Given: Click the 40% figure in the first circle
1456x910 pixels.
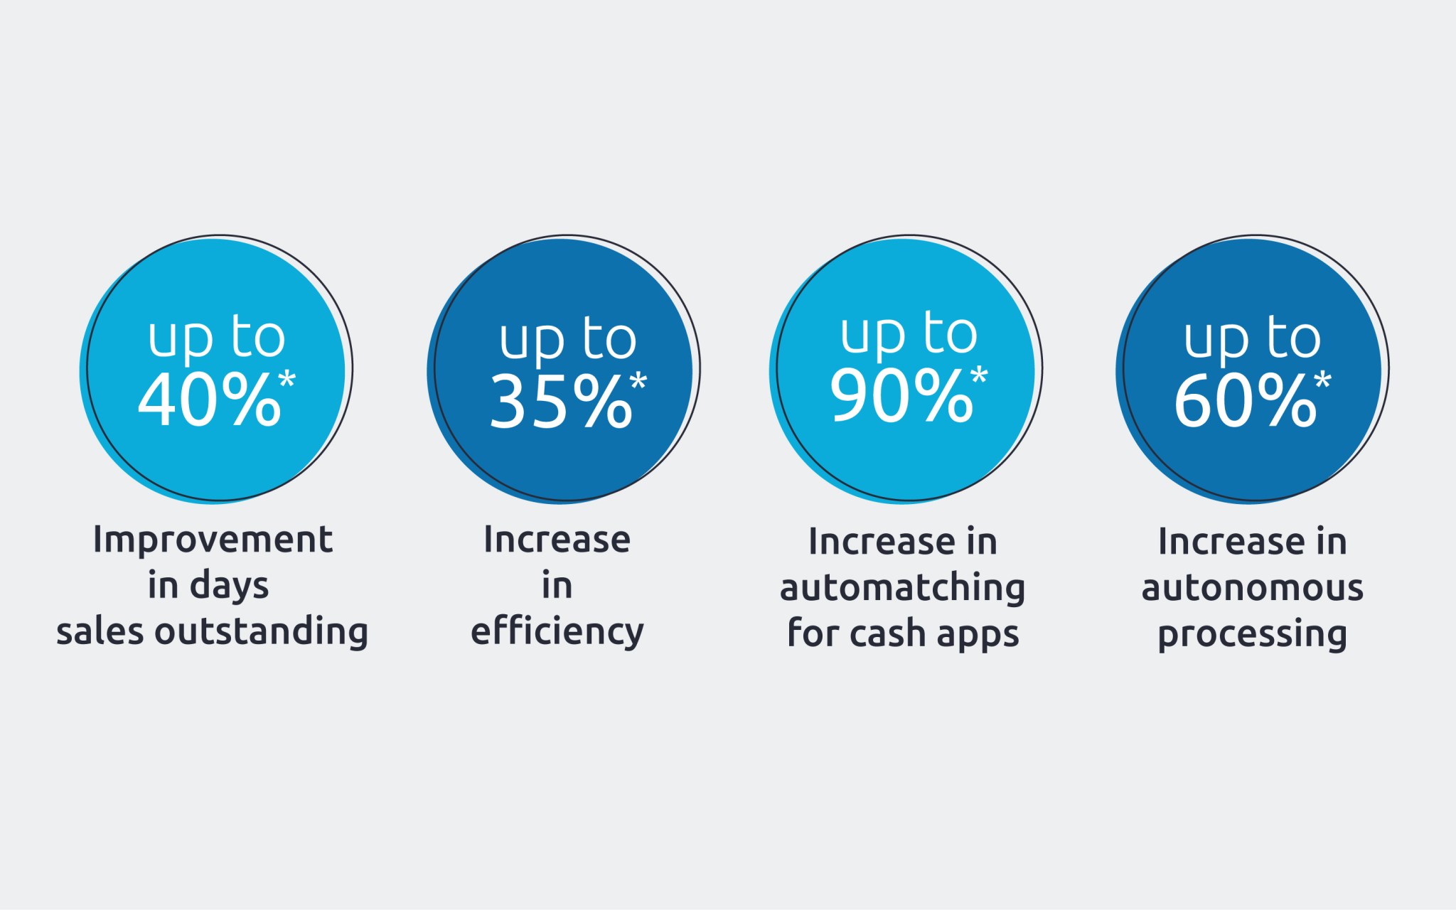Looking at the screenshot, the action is (x=210, y=400).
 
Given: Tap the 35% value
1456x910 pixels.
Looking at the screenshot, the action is (x=561, y=402).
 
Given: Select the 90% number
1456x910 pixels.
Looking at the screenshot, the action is (x=901, y=395).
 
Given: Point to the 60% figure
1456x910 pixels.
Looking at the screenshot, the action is (x=1246, y=400).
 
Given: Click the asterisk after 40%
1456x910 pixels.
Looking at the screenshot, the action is (x=287, y=379).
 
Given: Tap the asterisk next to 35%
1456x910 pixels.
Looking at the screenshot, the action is (x=638, y=381).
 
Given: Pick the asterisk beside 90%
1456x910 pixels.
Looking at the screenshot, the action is (x=979, y=375).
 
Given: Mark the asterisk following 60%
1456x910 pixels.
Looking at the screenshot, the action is (x=1322, y=380).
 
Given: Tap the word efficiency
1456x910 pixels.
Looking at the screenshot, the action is (x=557, y=631).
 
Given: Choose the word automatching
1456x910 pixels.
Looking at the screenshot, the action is (x=902, y=588).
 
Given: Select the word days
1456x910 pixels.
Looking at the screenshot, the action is (x=229, y=587).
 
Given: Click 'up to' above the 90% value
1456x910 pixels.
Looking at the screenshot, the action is (x=909, y=333).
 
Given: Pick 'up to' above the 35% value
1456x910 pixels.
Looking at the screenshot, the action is (x=567, y=339).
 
